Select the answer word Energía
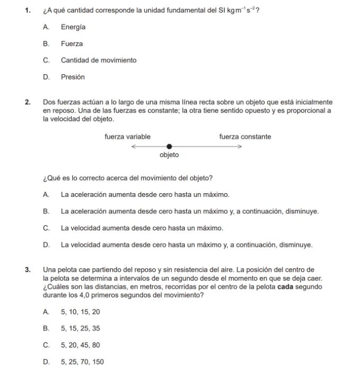tap(73, 27)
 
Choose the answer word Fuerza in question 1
tap(72, 44)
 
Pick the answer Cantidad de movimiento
tap(98, 60)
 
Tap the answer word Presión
tap(73, 77)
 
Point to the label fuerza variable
tap(127, 137)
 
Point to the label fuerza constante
tap(245, 137)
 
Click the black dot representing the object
tap(169, 147)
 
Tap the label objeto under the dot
tap(169, 155)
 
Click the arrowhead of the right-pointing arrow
tap(239, 147)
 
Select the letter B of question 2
tap(46, 211)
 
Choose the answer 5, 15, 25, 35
tap(80, 329)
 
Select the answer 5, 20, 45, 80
tap(80, 345)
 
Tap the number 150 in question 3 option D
tap(98, 362)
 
